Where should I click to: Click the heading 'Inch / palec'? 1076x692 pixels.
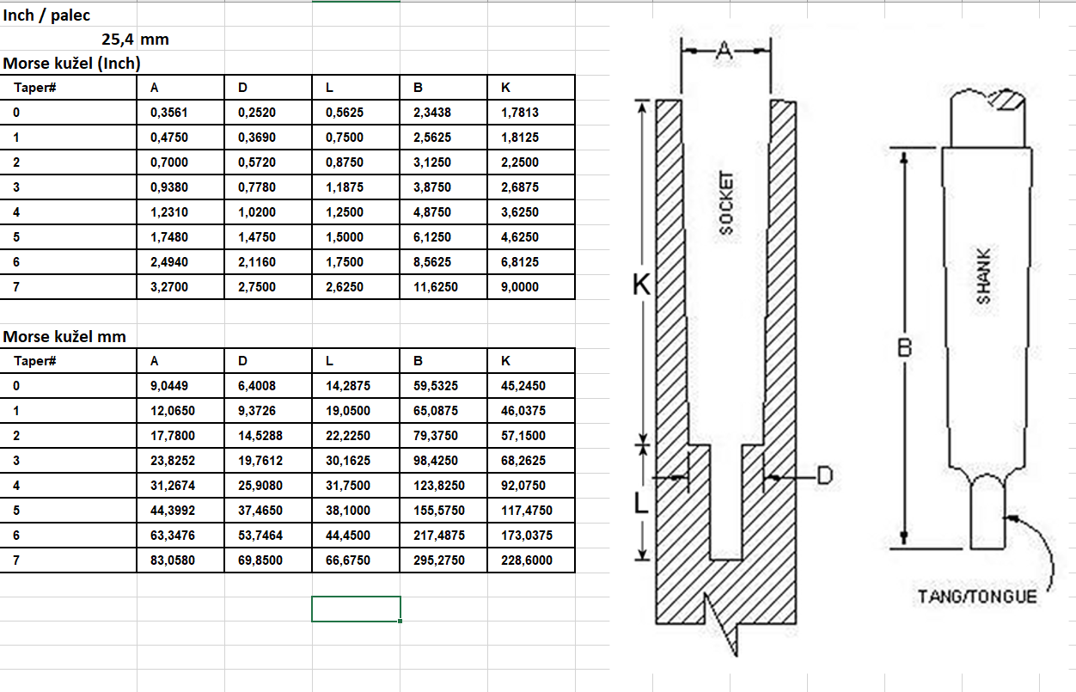click(46, 15)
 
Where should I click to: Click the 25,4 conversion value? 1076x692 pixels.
click(118, 40)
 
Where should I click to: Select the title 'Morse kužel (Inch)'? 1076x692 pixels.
click(71, 64)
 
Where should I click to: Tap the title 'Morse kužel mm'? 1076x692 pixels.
click(64, 336)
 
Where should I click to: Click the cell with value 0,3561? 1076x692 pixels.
click(169, 113)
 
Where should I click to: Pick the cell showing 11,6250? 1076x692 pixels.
click(436, 287)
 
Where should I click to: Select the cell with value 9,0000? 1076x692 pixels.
click(520, 287)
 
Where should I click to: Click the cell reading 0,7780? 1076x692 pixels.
click(257, 187)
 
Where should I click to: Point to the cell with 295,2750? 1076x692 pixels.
click(439, 560)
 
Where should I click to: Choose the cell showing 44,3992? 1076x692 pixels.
click(173, 511)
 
